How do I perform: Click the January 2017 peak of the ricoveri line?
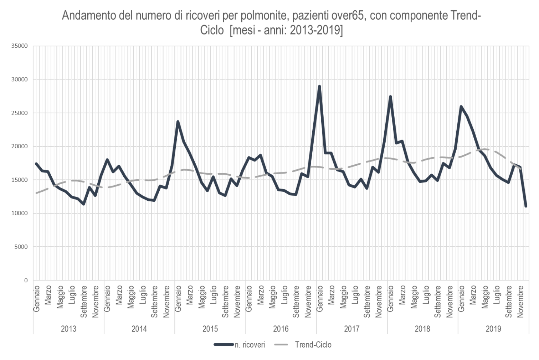(319, 86)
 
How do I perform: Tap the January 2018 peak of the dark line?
(390, 97)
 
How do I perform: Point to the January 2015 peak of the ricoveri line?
(178, 122)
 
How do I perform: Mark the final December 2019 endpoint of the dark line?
(526, 206)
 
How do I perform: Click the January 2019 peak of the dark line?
(461, 106)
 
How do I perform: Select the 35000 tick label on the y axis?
(20, 46)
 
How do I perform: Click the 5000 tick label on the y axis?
(21, 247)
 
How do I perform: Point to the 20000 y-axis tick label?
(20, 146)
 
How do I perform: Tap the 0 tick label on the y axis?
(26, 280)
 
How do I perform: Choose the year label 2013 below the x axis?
(68, 329)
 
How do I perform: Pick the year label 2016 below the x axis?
(281, 329)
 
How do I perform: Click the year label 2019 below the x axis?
(493, 329)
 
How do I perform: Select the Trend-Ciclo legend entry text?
(313, 345)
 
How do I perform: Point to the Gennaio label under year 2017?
(320, 299)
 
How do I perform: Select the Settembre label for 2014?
(154, 302)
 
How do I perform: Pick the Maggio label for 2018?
(414, 297)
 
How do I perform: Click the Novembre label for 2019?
(520, 302)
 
